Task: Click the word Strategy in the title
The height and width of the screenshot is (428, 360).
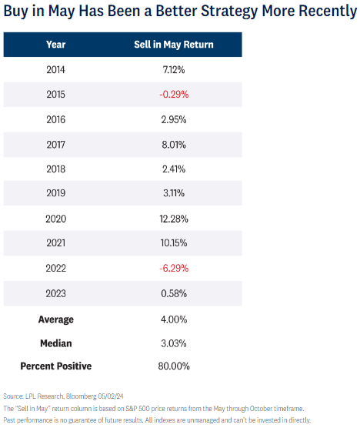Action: click(229, 12)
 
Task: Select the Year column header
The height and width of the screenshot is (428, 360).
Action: click(56, 45)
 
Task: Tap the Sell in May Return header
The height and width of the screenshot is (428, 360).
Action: click(174, 45)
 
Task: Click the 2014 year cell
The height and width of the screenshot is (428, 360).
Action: click(56, 70)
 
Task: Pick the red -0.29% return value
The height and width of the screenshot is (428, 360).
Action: click(174, 95)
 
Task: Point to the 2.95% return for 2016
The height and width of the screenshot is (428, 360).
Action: click(174, 119)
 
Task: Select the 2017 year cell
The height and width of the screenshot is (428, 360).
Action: click(56, 145)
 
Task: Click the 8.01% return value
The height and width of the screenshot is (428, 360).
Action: click(174, 145)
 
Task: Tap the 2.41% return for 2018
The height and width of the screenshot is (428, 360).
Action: click(174, 169)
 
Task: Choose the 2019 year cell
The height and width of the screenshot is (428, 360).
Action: click(56, 193)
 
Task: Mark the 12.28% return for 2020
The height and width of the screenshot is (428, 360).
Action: click(174, 219)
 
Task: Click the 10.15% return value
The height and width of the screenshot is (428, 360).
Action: click(174, 243)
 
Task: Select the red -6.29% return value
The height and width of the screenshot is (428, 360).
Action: click(174, 269)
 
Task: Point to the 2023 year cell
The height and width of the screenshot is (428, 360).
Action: click(56, 294)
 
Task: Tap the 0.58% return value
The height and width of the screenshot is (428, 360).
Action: click(174, 294)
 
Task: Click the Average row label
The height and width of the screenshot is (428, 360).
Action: click(56, 319)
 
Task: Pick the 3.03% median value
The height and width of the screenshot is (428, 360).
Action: click(174, 343)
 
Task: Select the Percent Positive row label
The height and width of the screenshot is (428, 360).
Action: click(56, 366)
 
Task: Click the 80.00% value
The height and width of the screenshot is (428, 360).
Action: click(174, 366)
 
